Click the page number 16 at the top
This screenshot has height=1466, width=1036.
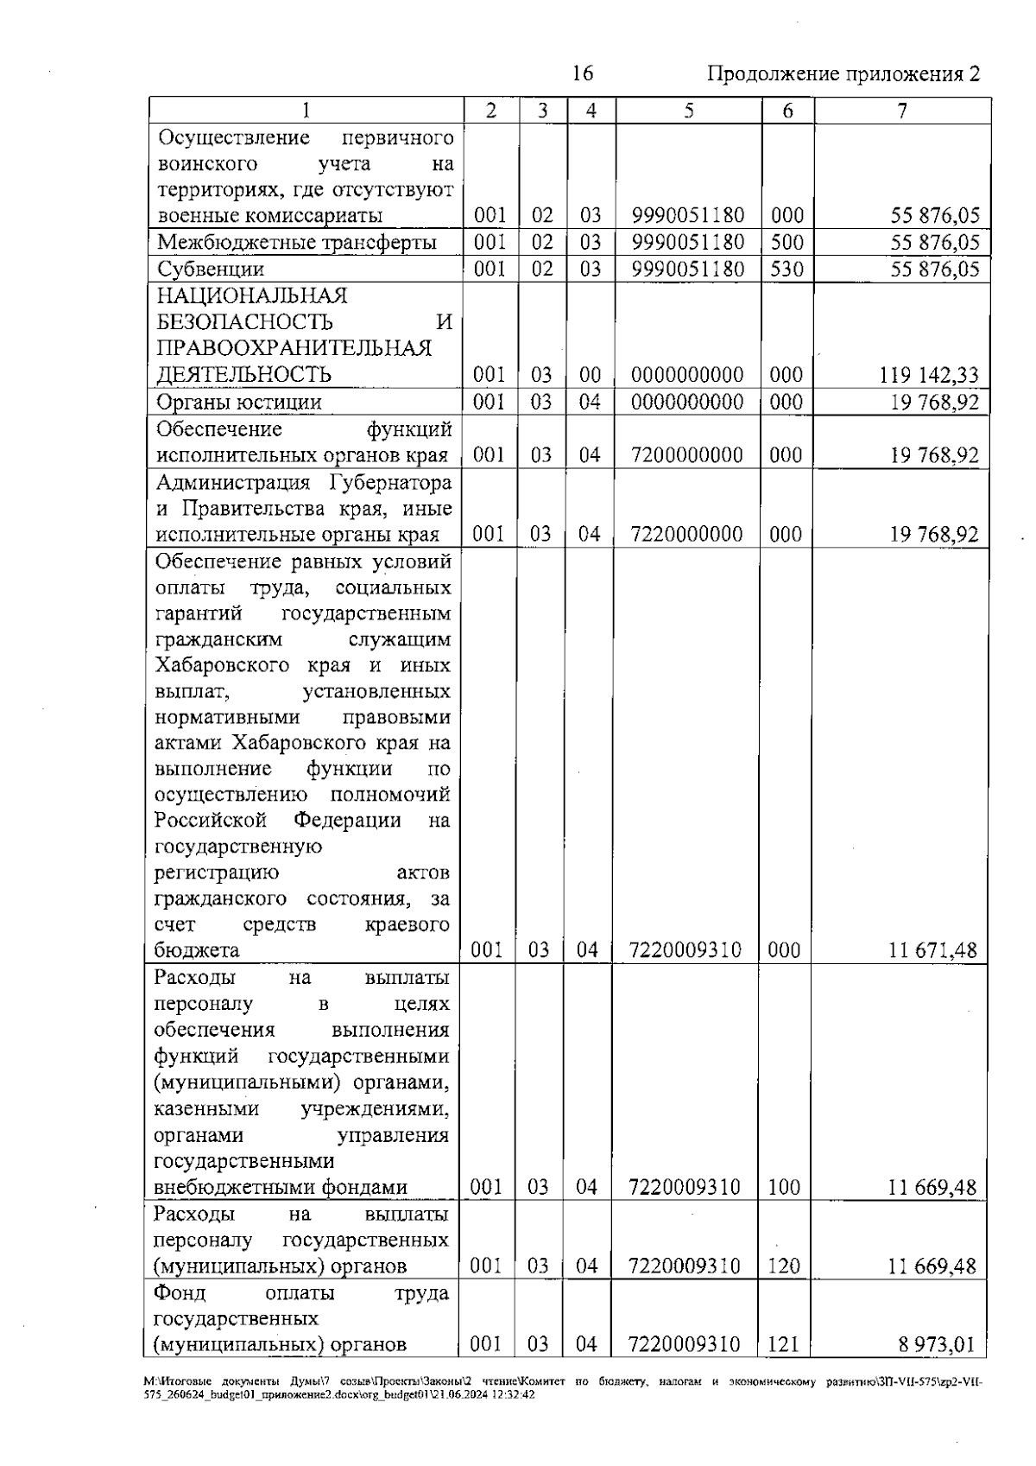point(583,73)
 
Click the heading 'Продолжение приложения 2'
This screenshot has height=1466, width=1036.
point(843,74)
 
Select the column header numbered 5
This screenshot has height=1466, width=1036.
point(688,111)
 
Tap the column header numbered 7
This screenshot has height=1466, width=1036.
point(901,111)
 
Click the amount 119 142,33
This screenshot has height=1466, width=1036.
point(929,375)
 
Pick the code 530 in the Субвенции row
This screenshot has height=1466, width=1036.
point(786,269)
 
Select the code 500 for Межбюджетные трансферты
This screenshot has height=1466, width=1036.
point(786,242)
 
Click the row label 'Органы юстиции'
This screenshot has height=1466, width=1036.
point(239,402)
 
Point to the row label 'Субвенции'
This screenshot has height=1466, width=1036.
point(211,269)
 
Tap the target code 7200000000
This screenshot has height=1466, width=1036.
point(687,455)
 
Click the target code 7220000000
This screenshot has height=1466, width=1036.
point(687,534)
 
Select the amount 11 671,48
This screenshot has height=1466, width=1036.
point(932,951)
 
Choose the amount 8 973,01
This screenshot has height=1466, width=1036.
point(936,1345)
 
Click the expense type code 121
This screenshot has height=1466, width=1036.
point(784,1345)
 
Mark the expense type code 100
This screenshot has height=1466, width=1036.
point(784,1188)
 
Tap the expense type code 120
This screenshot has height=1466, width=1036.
point(784,1266)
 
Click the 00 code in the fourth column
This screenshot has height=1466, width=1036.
point(590,375)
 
